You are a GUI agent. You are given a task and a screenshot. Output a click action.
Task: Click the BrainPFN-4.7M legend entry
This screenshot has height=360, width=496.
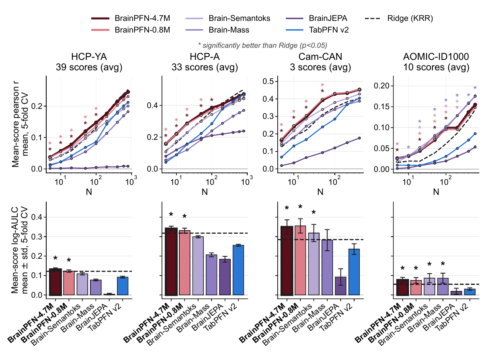(131, 18)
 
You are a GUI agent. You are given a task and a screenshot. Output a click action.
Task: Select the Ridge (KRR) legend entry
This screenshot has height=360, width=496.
(399, 18)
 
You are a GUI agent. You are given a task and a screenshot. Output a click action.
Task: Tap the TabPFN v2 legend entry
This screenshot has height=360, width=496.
(317, 30)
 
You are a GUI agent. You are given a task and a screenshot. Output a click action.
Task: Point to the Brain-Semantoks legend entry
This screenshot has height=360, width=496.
(228, 18)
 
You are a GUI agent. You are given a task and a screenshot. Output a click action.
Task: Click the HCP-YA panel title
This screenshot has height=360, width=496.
(89, 62)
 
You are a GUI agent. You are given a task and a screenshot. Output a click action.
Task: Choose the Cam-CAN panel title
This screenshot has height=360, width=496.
(320, 62)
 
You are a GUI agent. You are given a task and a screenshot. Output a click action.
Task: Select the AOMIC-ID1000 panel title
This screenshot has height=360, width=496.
(436, 62)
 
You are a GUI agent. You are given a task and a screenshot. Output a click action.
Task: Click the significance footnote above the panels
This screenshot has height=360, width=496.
(262, 45)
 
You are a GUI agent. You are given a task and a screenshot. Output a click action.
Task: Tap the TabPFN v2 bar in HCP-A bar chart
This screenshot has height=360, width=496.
(238, 270)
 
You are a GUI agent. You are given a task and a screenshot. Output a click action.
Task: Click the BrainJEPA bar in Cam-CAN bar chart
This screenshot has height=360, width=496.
(340, 286)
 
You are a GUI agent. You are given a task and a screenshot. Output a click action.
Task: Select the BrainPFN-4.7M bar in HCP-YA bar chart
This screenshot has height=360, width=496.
(55, 282)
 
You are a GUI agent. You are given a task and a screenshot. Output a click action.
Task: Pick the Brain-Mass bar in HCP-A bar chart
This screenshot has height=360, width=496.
(211, 275)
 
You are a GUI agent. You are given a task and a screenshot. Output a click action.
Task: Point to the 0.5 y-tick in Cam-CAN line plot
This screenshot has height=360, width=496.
(268, 82)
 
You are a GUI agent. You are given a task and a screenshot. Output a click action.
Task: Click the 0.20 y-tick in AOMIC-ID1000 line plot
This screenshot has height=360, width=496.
(382, 86)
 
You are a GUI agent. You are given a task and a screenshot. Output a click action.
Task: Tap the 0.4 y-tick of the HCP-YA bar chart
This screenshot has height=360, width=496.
(37, 217)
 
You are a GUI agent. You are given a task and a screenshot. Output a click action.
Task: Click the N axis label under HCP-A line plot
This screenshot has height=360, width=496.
(205, 192)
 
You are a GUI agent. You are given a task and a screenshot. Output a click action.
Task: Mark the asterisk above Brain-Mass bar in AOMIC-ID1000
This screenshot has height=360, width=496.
(443, 264)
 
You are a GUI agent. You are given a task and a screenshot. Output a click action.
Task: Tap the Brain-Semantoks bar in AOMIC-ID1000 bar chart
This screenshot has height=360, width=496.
(429, 286)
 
